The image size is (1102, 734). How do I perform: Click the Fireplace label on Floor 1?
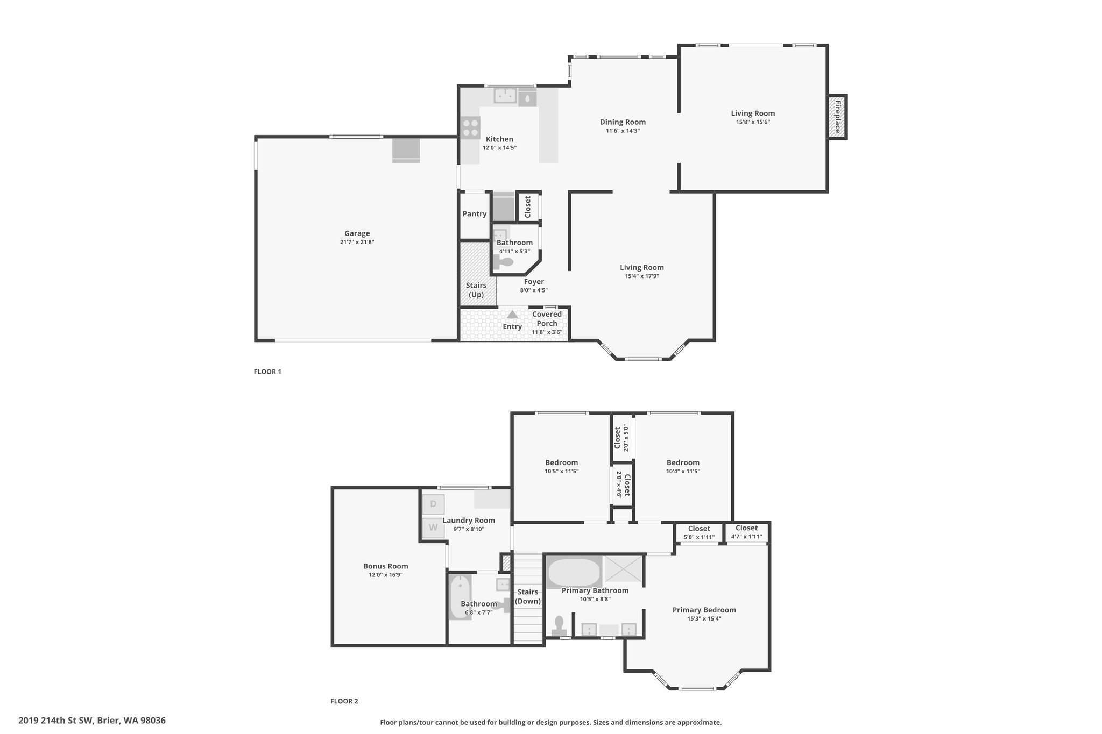click(x=837, y=117)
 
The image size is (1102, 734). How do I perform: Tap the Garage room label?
click(x=357, y=233)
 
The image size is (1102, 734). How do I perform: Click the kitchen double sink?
click(x=505, y=96)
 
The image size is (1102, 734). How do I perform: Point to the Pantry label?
click(x=475, y=214)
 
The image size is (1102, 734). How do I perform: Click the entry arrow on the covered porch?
click(x=512, y=315)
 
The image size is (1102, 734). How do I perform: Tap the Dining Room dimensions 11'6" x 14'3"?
click(x=623, y=131)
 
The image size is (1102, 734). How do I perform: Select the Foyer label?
click(x=534, y=282)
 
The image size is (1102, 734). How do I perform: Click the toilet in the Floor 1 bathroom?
click(x=503, y=263)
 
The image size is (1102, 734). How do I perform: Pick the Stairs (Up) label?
click(x=476, y=290)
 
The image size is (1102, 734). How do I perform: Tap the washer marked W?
click(x=433, y=528)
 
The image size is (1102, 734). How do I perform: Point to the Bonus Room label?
click(x=385, y=566)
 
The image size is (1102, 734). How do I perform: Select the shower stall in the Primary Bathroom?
click(x=623, y=569)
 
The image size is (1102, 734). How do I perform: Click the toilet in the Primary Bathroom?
click(x=559, y=626)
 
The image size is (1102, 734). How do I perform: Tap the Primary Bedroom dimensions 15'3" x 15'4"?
click(x=704, y=619)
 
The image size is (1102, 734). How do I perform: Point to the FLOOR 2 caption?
click(x=344, y=701)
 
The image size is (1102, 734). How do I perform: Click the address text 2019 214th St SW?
click(x=55, y=721)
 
